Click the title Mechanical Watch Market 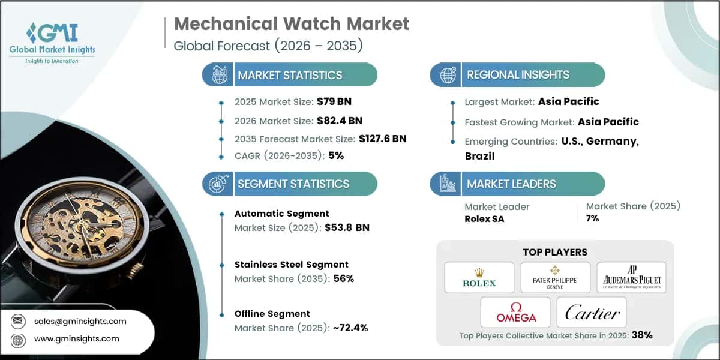pos(291,24)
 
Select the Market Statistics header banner pos(290,75)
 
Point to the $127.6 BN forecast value pos(382,139)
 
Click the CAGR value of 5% pos(335,155)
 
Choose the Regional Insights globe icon pos(447,75)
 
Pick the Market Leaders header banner pos(511,184)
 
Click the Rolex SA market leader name pos(484,218)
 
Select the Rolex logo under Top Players pos(479,277)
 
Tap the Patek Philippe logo pos(555,277)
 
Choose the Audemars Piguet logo pos(631,277)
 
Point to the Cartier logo pos(592,312)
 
